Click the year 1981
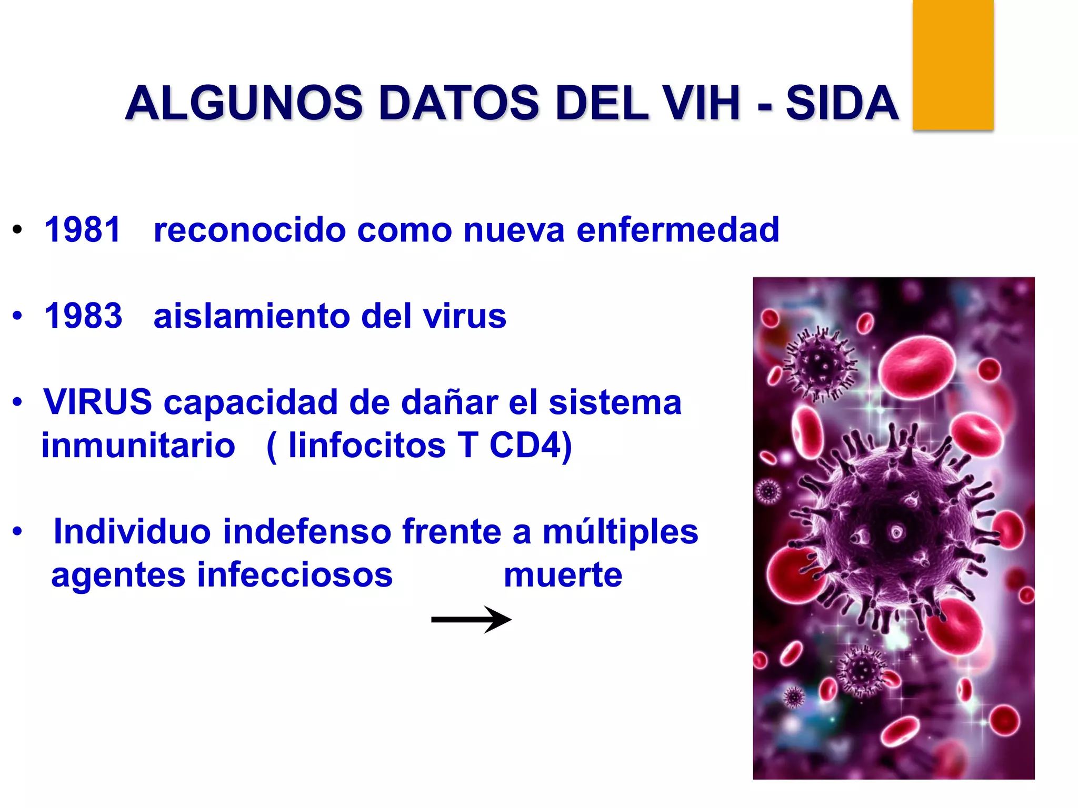point(83,230)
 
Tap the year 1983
point(83,316)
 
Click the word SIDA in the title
point(842,103)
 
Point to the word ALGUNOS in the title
point(244,103)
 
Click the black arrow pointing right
point(471,620)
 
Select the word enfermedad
point(677,230)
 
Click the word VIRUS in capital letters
point(98,402)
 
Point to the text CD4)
point(530,446)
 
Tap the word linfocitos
point(367,446)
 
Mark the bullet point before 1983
point(18,316)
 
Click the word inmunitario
point(138,446)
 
